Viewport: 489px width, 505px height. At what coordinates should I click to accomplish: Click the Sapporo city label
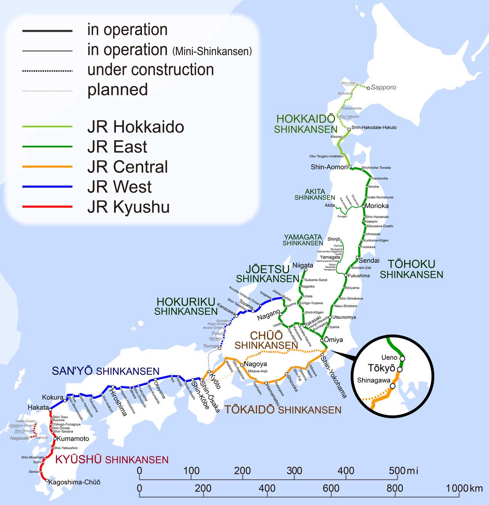pos(383,87)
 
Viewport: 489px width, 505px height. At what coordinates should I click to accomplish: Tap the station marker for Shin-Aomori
pos(350,167)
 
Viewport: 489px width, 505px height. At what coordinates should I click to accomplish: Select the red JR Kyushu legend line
pos(47,207)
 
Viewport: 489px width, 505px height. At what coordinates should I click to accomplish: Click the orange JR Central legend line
pos(47,167)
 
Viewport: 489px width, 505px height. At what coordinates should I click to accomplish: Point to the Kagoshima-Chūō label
pos(74,482)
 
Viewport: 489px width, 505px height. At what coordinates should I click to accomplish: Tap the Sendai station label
pos(369,260)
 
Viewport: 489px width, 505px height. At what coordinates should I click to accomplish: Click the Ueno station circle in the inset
pos(402,358)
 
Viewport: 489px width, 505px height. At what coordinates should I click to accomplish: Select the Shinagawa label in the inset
pos(374,380)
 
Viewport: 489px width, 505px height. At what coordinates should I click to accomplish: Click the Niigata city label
pos(303,265)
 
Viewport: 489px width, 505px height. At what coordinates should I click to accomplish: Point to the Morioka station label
pos(377,206)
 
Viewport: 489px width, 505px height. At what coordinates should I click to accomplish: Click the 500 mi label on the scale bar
pos(403,471)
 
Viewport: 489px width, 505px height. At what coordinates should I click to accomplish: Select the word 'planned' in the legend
pos(117,89)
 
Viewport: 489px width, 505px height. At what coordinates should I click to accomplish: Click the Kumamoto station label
pos(73,438)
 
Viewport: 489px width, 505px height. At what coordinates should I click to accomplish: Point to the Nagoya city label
pos(255,364)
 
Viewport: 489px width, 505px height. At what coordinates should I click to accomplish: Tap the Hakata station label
pos(38,408)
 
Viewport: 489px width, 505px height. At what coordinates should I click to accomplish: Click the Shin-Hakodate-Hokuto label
pos(374,127)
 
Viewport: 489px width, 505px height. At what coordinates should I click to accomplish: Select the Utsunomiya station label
pos(344,317)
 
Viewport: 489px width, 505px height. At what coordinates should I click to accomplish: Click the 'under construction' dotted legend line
pos(47,71)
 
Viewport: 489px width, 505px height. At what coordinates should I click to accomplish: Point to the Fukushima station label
pos(359,276)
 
